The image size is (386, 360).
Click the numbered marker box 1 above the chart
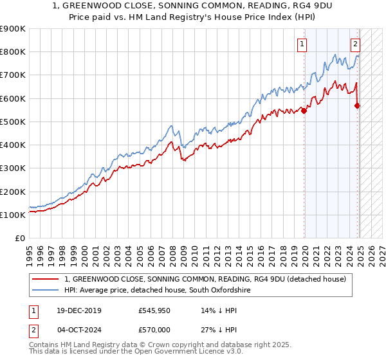click(302, 44)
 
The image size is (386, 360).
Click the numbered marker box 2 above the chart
click(355, 44)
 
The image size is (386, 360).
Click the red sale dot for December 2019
click(304, 111)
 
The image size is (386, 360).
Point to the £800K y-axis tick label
click(13, 52)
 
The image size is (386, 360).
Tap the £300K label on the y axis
click(13, 168)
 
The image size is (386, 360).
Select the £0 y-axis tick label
click(19, 239)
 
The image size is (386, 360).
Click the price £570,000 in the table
click(155, 330)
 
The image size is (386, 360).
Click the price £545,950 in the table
click(155, 310)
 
